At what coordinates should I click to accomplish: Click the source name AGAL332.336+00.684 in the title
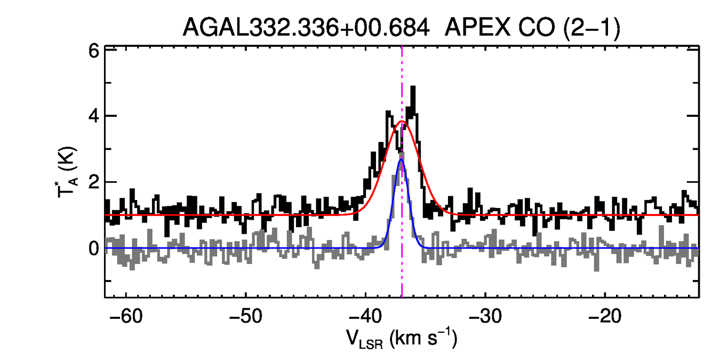tap(306, 28)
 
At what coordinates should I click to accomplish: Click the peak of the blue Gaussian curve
tap(402, 159)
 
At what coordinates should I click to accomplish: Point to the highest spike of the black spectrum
tap(413, 87)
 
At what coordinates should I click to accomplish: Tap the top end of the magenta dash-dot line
tap(402, 48)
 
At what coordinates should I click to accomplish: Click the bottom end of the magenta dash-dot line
tap(402, 296)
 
